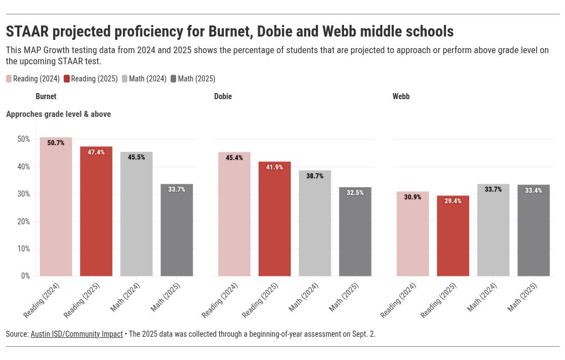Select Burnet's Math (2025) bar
[x=177, y=233]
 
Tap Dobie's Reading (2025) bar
[x=275, y=222]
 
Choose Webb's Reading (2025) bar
[x=453, y=238]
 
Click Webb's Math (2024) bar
[x=493, y=233]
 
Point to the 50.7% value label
[x=56, y=143]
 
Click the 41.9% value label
[x=275, y=167]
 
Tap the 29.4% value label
[x=453, y=201]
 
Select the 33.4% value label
[x=533, y=191]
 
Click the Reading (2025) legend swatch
[x=67, y=79]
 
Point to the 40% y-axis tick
[x=23, y=167]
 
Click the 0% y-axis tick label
[x=25, y=276]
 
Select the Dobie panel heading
[x=223, y=96]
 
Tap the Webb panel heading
[x=401, y=96]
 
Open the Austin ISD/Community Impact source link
[x=76, y=334]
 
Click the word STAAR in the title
[x=27, y=31]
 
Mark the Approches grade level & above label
[x=58, y=114]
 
